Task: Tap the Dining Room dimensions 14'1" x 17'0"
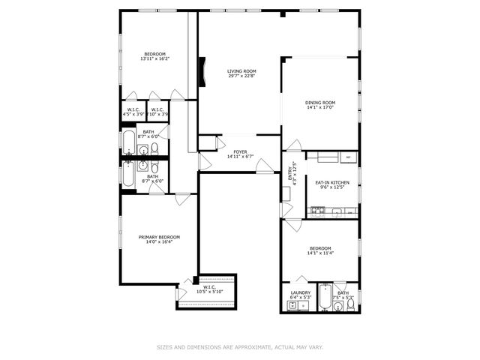point(319,107)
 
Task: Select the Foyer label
point(240,151)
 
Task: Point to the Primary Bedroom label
point(159,237)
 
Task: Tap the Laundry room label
point(300,293)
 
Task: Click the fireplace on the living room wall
point(201,72)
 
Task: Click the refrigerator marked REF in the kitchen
point(349,157)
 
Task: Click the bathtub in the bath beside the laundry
point(324,298)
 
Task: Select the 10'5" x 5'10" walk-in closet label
point(207,289)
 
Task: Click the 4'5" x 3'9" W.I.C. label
point(133,112)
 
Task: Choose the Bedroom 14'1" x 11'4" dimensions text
point(320,253)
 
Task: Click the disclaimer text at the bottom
point(240,346)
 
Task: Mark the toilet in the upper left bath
point(154,148)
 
